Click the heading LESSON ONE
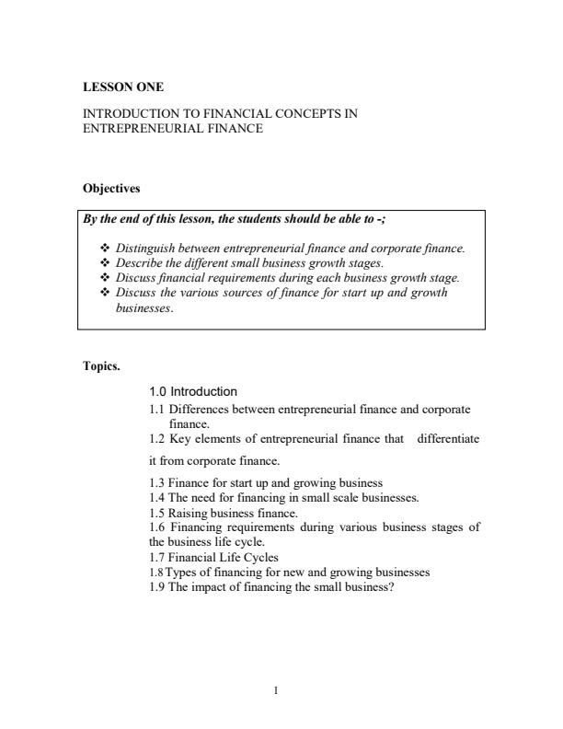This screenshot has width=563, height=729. [x=123, y=87]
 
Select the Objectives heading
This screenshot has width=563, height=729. [x=111, y=189]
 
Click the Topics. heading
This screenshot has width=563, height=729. [x=101, y=365]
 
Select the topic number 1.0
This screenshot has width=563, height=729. [x=158, y=391]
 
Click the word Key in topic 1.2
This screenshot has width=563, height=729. [x=184, y=438]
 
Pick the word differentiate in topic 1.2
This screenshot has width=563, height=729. [x=448, y=438]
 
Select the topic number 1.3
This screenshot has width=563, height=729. [x=157, y=482]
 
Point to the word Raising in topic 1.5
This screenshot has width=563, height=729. [x=189, y=512]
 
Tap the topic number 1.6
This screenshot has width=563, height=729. [x=157, y=526]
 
